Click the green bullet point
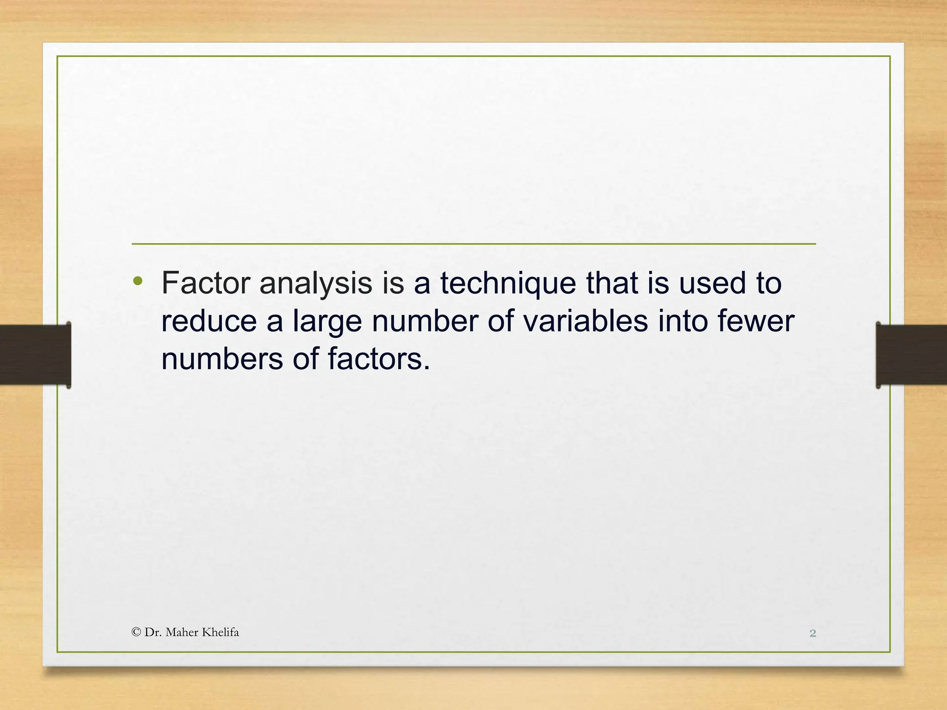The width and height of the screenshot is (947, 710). coord(137,281)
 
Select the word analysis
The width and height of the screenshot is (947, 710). coord(316,284)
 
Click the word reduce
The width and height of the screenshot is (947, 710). coord(209,322)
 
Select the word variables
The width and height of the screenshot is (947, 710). coord(585,321)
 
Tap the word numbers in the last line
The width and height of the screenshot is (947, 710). coord(221,359)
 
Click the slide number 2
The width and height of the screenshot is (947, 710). coord(812,633)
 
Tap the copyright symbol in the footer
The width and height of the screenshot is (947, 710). coord(136,632)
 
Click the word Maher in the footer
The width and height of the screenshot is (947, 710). coord(181,632)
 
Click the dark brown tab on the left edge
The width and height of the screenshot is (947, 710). coord(35,355)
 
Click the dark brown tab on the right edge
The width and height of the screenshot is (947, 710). coord(911,355)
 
